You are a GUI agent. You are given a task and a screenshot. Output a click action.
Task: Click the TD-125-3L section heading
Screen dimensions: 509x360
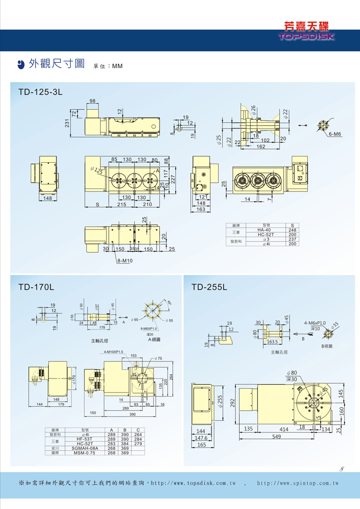click(40, 92)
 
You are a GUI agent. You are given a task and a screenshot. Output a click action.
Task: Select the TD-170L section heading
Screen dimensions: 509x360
click(36, 287)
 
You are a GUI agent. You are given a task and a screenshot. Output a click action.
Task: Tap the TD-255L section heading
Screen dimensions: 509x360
click(209, 287)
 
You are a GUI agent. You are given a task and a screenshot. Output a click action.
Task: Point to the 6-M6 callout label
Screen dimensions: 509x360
click(334, 134)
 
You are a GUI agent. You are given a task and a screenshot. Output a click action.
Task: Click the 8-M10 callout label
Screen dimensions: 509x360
click(125, 261)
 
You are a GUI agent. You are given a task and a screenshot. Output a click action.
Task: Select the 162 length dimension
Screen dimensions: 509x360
click(261, 146)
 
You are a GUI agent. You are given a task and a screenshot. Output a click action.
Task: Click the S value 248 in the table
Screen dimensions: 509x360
click(292, 230)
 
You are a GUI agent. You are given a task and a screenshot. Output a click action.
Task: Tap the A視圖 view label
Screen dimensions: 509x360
click(154, 339)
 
